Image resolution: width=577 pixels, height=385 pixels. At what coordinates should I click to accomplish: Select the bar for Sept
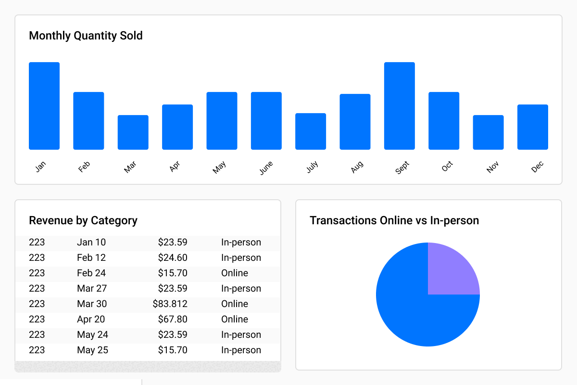[x=399, y=106]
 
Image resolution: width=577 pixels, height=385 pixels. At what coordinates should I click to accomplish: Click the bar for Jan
[x=44, y=106]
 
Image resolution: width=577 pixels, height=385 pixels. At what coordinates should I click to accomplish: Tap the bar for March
[x=133, y=132]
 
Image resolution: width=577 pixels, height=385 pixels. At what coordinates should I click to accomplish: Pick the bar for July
[x=311, y=131]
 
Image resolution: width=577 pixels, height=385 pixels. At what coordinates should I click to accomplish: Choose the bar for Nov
[x=488, y=132]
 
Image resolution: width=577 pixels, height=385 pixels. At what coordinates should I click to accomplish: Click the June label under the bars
[x=265, y=167]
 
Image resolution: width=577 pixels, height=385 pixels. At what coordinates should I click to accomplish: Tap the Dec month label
[x=537, y=167]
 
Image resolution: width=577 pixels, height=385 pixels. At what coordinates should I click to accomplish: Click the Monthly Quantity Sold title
[x=86, y=36]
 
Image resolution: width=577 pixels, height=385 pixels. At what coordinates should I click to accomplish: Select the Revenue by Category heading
[x=83, y=220]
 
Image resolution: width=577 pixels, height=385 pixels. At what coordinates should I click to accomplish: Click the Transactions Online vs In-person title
[x=394, y=220]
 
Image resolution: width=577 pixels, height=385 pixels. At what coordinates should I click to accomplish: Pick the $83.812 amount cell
[x=170, y=304]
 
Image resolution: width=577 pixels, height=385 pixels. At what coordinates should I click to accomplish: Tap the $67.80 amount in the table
[x=173, y=319]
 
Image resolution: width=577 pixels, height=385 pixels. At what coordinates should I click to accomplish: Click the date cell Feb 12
[x=91, y=257]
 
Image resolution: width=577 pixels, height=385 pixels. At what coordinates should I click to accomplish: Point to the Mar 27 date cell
[x=92, y=288]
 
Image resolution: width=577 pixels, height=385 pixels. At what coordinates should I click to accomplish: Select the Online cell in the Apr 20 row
[x=235, y=319]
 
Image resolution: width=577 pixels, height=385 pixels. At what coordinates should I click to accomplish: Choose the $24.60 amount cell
[x=173, y=257]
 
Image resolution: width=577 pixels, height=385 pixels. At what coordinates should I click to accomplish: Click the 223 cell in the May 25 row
[x=37, y=350]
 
